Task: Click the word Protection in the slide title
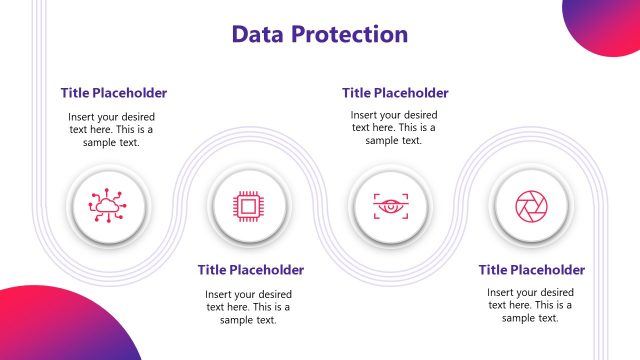(349, 34)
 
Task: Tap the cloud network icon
(106, 206)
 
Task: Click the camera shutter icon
(531, 206)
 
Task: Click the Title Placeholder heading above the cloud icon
(113, 93)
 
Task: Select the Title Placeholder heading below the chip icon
(251, 269)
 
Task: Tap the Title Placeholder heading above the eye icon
(395, 93)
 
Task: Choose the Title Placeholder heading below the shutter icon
(531, 269)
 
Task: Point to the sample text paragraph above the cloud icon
(112, 129)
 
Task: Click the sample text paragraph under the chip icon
(248, 306)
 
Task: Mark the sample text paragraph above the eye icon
(394, 128)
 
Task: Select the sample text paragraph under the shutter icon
(530, 305)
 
